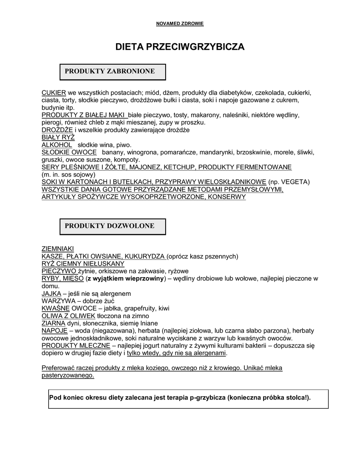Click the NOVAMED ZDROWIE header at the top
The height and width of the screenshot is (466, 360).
[180, 24]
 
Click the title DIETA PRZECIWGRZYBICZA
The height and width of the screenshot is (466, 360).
[180, 47]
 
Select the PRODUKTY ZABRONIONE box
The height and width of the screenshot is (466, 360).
[113, 71]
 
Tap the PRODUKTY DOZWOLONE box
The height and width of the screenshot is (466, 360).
[113, 226]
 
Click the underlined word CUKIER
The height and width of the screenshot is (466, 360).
[54, 92]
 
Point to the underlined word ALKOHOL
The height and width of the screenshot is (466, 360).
[57, 144]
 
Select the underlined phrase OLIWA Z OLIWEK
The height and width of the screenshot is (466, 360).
[68, 316]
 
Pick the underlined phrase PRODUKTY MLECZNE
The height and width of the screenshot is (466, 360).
[76, 345]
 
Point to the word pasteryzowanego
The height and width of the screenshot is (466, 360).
[68, 375]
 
